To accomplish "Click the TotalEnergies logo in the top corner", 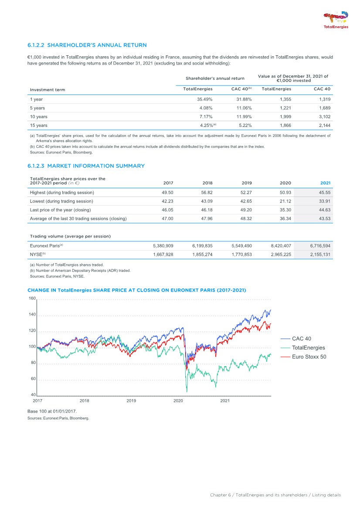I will point(336,20).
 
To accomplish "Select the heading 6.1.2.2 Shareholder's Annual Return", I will point(87,45).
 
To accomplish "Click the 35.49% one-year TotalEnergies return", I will point(204,99).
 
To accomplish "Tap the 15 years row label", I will point(39,126).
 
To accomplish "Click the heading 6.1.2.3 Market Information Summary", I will point(86,166).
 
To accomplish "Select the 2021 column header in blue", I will point(325,183).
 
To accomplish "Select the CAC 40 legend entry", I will point(301,339).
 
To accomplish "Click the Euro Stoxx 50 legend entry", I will point(309,357).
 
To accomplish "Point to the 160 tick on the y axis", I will point(32,299).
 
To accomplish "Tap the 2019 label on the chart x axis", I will point(131,400).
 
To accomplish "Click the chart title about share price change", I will point(139,290).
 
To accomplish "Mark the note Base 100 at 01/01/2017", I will point(54,411).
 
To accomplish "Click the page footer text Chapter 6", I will point(275,495).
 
